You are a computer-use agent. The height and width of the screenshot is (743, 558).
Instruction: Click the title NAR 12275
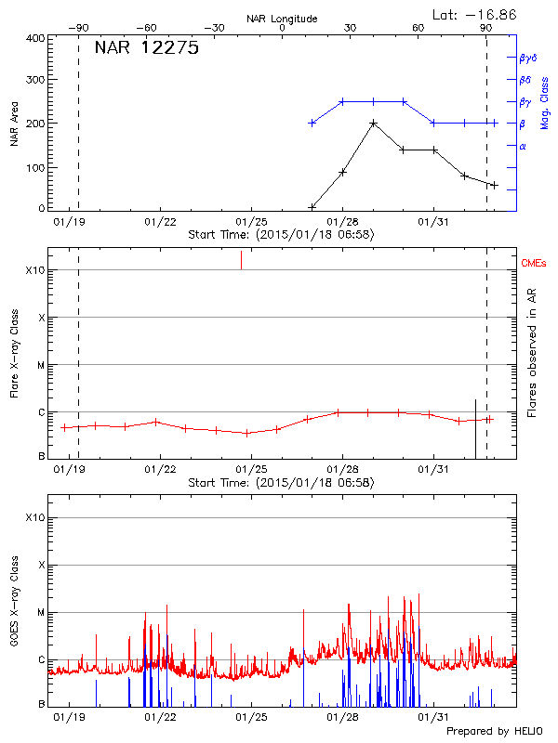pos(147,49)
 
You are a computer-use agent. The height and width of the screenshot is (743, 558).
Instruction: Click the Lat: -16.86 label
pos(476,14)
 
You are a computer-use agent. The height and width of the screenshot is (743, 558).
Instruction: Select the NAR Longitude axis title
pos(282,18)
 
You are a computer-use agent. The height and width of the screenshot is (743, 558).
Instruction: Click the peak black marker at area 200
pos(373,123)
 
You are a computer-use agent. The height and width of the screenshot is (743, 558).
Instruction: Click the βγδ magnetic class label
pos(527,58)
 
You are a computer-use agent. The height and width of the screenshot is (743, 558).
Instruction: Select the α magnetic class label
pos(523,146)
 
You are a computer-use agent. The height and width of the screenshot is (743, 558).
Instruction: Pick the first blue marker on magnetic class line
pos(312,123)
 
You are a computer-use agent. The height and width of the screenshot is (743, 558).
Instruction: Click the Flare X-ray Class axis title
pos(14,353)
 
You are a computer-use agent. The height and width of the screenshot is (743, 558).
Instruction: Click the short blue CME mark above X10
pos(242,259)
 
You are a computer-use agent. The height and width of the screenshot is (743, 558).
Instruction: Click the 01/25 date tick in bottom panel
pos(251,717)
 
